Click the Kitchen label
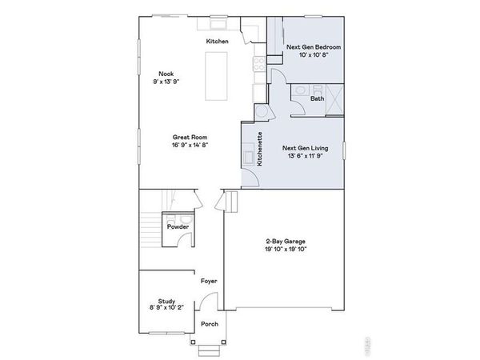pyautogui.click(x=217, y=42)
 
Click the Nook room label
pyautogui.click(x=166, y=74)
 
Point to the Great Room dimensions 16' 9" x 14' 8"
pyautogui.click(x=190, y=145)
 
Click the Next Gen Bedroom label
pyautogui.click(x=314, y=49)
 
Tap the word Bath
pyautogui.click(x=318, y=98)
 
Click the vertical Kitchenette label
pyautogui.click(x=260, y=148)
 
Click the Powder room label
pyautogui.click(x=178, y=227)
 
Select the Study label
pyautogui.click(x=166, y=301)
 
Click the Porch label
pyautogui.click(x=209, y=324)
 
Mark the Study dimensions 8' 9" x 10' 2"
pyautogui.click(x=166, y=309)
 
